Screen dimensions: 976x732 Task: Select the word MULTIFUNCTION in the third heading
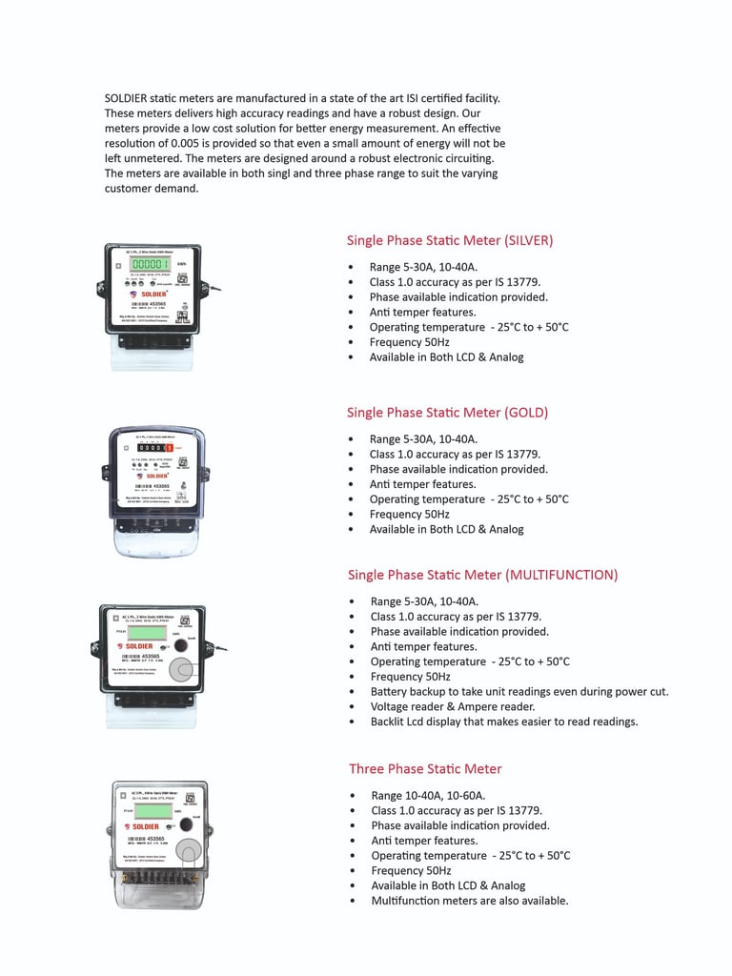(561, 575)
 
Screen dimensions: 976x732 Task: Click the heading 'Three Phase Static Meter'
(425, 769)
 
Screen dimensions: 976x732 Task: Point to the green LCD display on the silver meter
(151, 264)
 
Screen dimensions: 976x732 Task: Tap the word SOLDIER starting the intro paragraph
(126, 98)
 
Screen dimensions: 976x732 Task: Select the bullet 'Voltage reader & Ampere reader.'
(453, 706)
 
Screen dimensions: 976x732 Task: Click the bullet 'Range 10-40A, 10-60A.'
(429, 796)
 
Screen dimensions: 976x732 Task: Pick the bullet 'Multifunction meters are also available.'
(470, 901)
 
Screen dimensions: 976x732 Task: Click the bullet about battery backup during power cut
(519, 691)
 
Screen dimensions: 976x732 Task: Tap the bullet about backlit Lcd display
(504, 722)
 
